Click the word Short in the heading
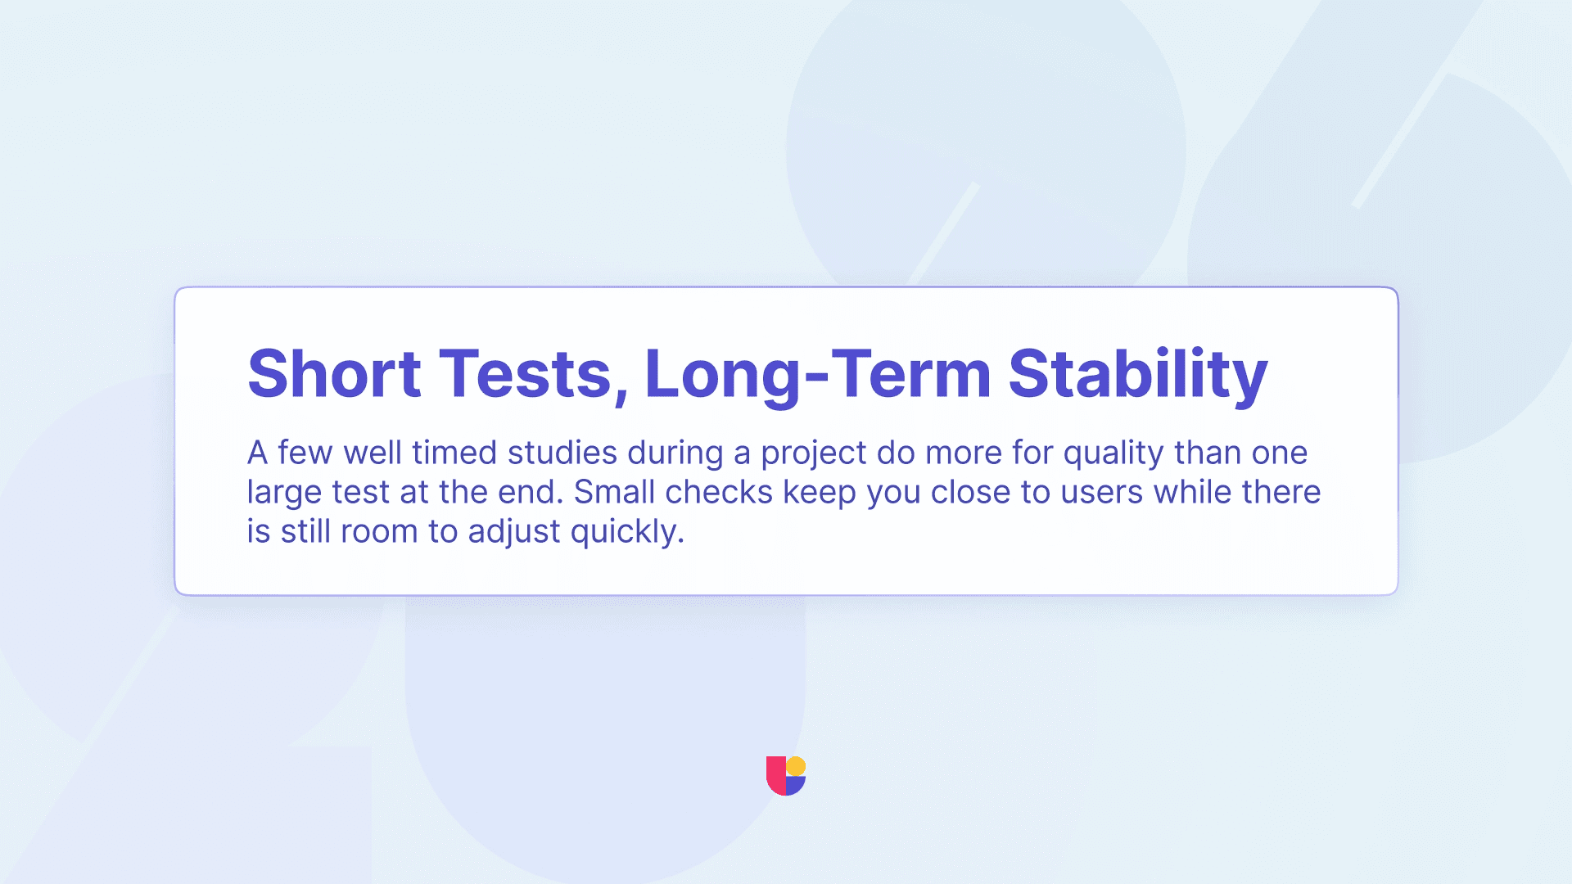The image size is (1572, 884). (x=334, y=373)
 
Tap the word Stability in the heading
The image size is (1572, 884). (x=1138, y=376)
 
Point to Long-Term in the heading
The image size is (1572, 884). (x=818, y=376)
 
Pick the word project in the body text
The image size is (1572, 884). (x=814, y=455)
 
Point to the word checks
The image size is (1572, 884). (x=719, y=492)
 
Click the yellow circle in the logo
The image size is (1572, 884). (x=796, y=766)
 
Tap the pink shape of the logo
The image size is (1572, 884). (x=775, y=775)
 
